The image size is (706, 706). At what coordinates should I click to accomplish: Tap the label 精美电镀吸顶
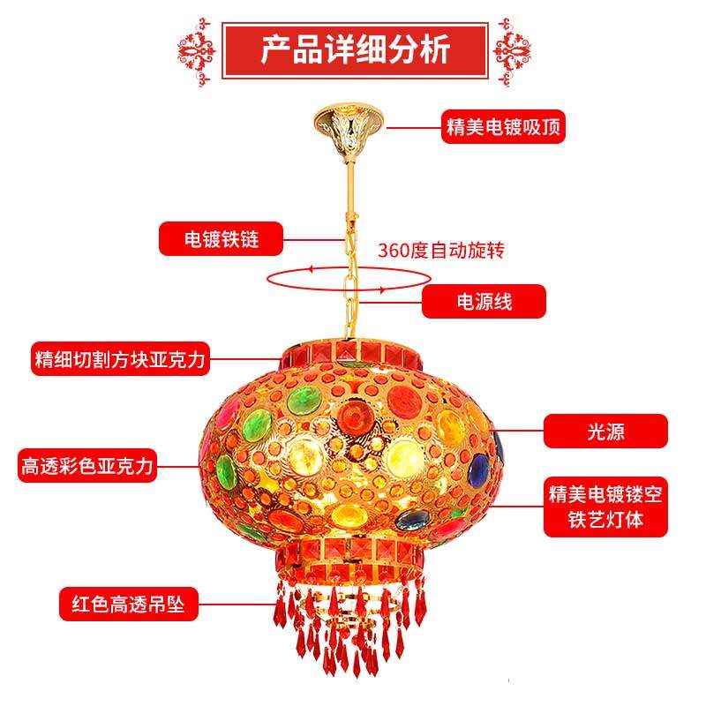pos(503,127)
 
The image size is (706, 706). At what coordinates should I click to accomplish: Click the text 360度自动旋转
pos(440,250)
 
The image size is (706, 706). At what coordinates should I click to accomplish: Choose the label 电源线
pos(484,302)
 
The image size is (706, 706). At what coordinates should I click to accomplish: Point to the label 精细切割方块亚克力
pos(120,359)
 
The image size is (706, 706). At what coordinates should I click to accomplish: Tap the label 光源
pos(605,431)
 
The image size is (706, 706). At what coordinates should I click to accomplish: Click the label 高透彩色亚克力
pos(88,465)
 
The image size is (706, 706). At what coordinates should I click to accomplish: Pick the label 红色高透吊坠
pos(129,605)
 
